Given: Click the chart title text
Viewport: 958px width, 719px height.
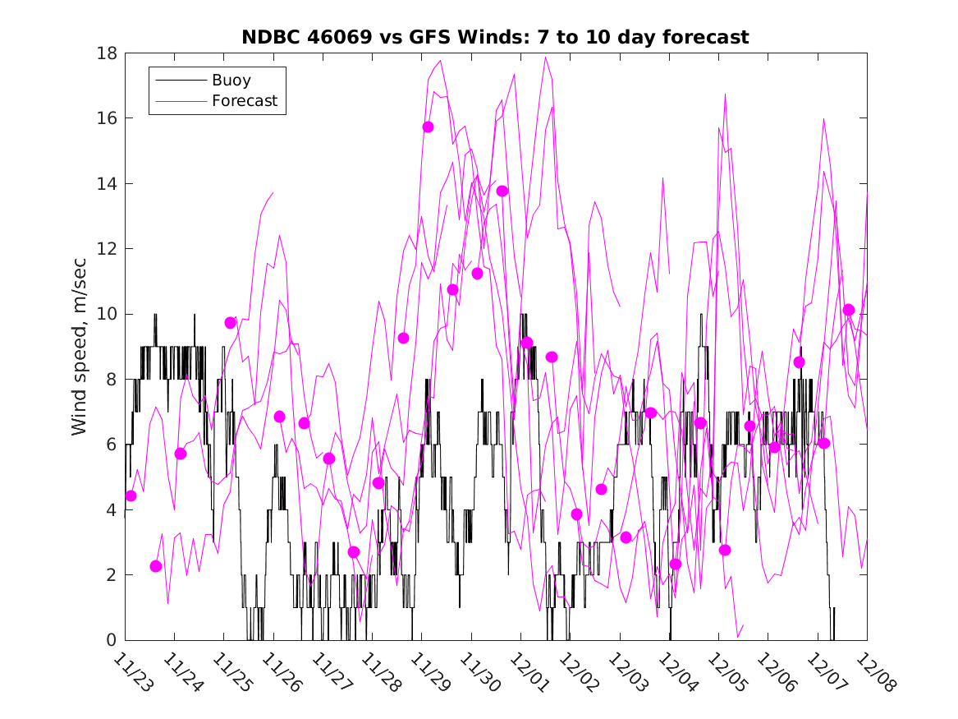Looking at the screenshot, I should click(x=495, y=37).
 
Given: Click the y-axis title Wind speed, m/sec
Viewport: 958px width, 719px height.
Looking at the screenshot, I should click(x=79, y=345).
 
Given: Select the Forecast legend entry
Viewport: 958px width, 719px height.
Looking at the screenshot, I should click(x=245, y=102).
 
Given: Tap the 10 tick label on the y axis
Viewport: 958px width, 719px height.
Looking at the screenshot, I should click(x=108, y=314).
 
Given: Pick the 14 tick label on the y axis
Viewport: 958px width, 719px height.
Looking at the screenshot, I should click(x=108, y=183).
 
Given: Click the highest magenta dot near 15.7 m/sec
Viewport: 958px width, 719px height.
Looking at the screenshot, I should click(x=428, y=127).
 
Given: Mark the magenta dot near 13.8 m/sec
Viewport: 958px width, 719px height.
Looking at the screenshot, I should click(x=502, y=191).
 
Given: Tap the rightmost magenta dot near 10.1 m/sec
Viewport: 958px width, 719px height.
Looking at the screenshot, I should click(x=849, y=310).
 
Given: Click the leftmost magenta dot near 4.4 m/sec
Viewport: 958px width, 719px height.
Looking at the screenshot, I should click(x=131, y=495).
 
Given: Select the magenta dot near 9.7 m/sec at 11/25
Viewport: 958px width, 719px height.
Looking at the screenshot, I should click(x=230, y=323).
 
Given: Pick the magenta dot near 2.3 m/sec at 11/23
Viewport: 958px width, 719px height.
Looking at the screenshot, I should click(x=156, y=566).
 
